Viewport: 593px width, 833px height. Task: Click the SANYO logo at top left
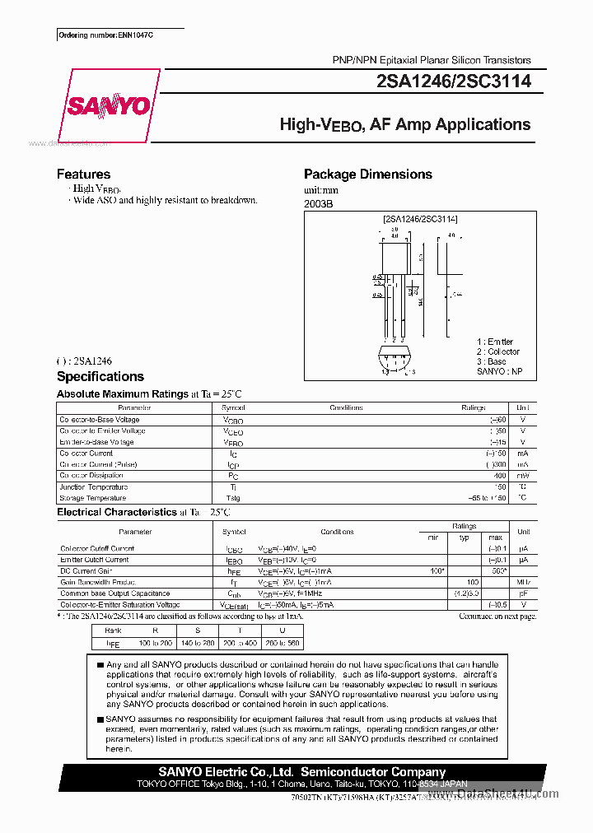click(x=108, y=106)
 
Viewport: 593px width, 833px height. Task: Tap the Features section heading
click(x=83, y=175)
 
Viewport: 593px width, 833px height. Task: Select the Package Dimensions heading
click(x=367, y=175)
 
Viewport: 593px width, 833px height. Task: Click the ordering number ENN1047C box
click(x=107, y=35)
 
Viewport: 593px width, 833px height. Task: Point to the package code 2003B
click(x=319, y=204)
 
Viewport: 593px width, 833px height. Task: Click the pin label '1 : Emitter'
click(x=494, y=342)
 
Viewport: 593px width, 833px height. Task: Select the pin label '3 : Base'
click(x=492, y=361)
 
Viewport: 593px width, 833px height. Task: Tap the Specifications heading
click(x=100, y=377)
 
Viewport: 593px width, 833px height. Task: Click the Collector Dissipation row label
click(x=91, y=476)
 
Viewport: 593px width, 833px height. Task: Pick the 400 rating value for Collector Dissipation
click(x=500, y=476)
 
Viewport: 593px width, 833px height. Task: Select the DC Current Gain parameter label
click(x=86, y=570)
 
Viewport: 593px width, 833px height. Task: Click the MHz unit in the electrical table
click(x=523, y=582)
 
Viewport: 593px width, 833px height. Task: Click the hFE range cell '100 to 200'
click(x=156, y=643)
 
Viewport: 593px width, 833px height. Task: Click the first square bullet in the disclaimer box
click(x=100, y=664)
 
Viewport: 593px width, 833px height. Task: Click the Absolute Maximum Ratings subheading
click(x=122, y=394)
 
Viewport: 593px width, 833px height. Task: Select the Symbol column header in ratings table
click(x=233, y=408)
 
